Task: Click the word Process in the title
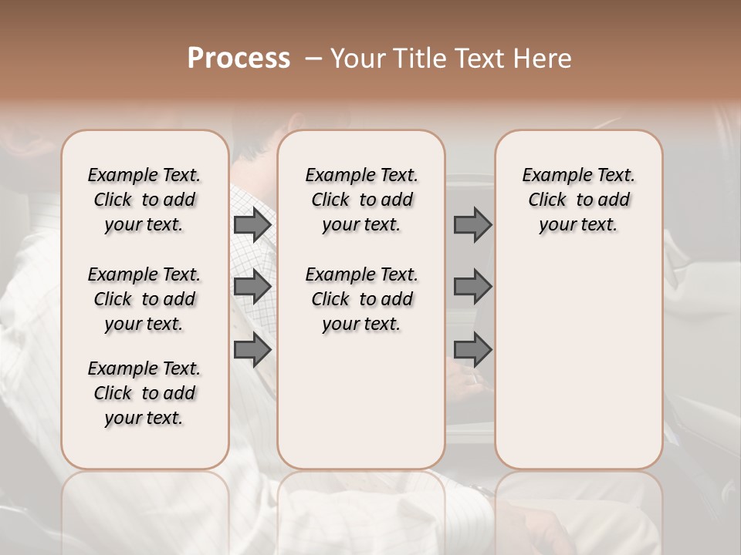(239, 58)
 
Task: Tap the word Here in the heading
(543, 58)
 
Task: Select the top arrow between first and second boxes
(252, 225)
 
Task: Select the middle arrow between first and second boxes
(252, 287)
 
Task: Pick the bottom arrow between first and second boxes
(252, 350)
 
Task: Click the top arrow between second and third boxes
(472, 225)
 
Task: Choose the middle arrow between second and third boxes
(472, 287)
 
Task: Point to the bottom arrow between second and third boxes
(472, 350)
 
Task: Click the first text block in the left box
(144, 200)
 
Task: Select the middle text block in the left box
(144, 299)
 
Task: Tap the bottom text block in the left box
(144, 393)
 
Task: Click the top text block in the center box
(361, 200)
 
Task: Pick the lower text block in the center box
(361, 299)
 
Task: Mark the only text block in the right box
(578, 200)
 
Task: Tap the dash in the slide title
(313, 58)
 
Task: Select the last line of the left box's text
(144, 418)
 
